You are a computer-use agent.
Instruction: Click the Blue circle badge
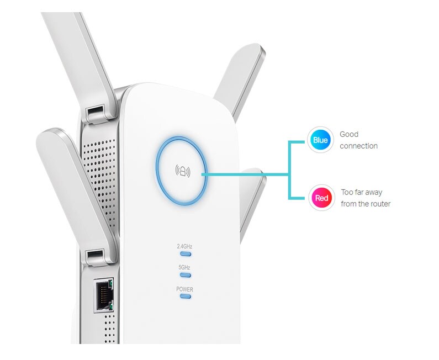coord(320,140)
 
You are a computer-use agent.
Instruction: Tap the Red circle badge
coord(321,198)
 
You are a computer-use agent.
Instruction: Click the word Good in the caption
coord(349,134)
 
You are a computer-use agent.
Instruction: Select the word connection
coord(358,146)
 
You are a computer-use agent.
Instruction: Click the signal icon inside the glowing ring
coord(182,171)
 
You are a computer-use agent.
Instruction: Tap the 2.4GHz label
coord(184,246)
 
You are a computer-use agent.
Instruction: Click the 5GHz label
coord(184,267)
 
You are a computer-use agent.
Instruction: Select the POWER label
coord(184,289)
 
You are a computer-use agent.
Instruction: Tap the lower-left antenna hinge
coord(95,256)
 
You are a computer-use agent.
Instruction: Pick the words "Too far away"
coord(362,192)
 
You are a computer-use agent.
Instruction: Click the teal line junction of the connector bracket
coord(289,174)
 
